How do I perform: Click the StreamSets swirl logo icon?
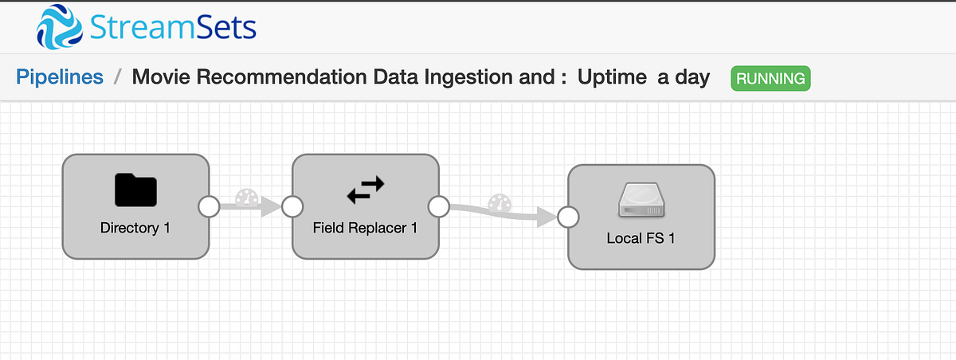60,28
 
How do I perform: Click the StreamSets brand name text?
172,28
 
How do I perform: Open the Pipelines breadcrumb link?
60,77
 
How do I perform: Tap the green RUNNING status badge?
770,78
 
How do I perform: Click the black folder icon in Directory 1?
135,190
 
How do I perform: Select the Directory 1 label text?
135,228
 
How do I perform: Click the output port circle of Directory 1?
209,207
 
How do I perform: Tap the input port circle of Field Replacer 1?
292,207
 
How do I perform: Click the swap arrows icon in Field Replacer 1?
366,190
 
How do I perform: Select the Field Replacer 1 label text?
366,228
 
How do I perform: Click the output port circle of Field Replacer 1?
439,207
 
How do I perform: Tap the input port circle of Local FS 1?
567,217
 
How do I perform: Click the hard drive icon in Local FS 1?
641,201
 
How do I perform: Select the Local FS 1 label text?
641,238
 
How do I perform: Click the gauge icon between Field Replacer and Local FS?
499,202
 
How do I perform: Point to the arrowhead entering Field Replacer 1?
272,207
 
